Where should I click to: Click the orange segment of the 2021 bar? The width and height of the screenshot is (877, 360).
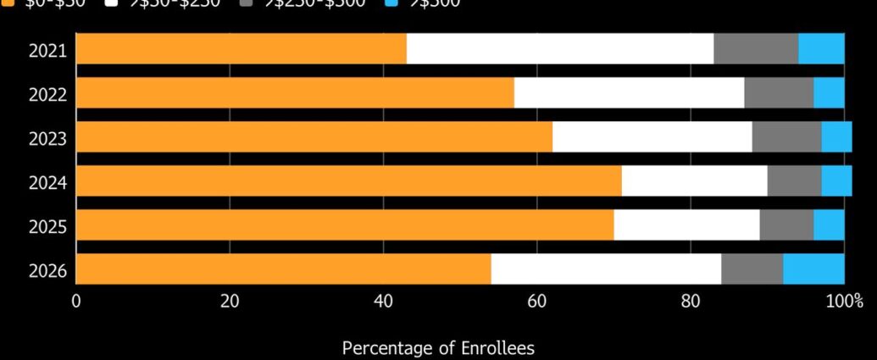pyautogui.click(x=241, y=49)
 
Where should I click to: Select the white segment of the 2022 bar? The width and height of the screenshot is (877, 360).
pyautogui.click(x=629, y=93)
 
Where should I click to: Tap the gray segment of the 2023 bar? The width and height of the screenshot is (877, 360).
pyautogui.click(x=786, y=137)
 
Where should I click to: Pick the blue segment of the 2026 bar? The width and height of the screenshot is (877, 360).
pyautogui.click(x=813, y=269)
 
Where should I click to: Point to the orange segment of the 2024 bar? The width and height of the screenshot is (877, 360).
pyautogui.click(x=349, y=181)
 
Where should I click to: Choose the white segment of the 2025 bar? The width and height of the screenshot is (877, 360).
pyautogui.click(x=686, y=225)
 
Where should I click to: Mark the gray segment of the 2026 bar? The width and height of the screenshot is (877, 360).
pyautogui.click(x=752, y=269)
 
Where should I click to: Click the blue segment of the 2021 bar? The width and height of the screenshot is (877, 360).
pyautogui.click(x=821, y=49)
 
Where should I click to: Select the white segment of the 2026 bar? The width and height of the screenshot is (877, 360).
pyautogui.click(x=606, y=269)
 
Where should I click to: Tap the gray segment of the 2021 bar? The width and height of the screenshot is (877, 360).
pyautogui.click(x=756, y=49)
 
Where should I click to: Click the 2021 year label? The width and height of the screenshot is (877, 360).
pyautogui.click(x=47, y=50)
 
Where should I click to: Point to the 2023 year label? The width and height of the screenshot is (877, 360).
pyautogui.click(x=47, y=138)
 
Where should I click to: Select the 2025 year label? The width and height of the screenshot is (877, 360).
pyautogui.click(x=47, y=226)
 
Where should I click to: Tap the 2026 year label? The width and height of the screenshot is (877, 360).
pyautogui.click(x=47, y=270)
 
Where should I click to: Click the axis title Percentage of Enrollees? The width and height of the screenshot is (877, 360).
pyautogui.click(x=438, y=347)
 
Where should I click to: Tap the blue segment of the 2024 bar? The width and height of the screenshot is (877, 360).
pyautogui.click(x=836, y=181)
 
